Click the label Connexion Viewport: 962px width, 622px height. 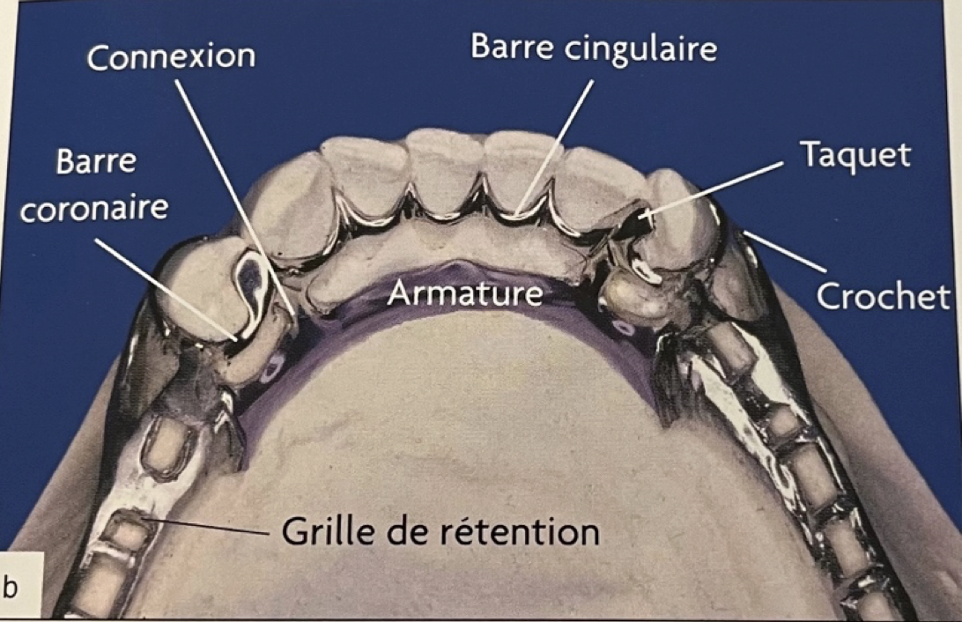click(171, 56)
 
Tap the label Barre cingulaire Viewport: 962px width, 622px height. click(594, 48)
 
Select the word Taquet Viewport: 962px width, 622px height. click(855, 155)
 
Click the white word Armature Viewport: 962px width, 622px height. click(465, 292)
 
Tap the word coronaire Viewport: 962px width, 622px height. click(94, 209)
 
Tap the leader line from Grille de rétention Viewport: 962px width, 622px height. click(211, 528)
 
